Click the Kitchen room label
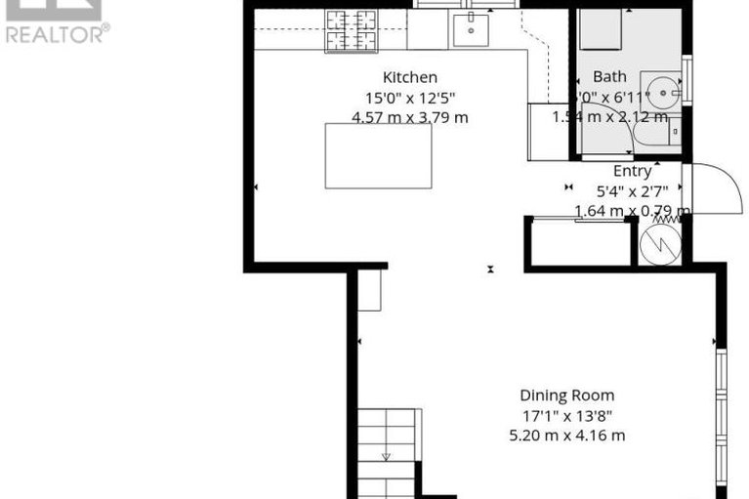point(409,77)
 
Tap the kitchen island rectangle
point(378,156)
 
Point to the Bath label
point(610,76)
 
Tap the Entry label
point(632,171)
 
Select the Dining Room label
point(566,395)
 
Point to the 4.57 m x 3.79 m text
point(410,117)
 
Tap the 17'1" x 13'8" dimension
point(566,416)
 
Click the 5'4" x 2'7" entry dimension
point(633,190)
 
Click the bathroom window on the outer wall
point(688,78)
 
